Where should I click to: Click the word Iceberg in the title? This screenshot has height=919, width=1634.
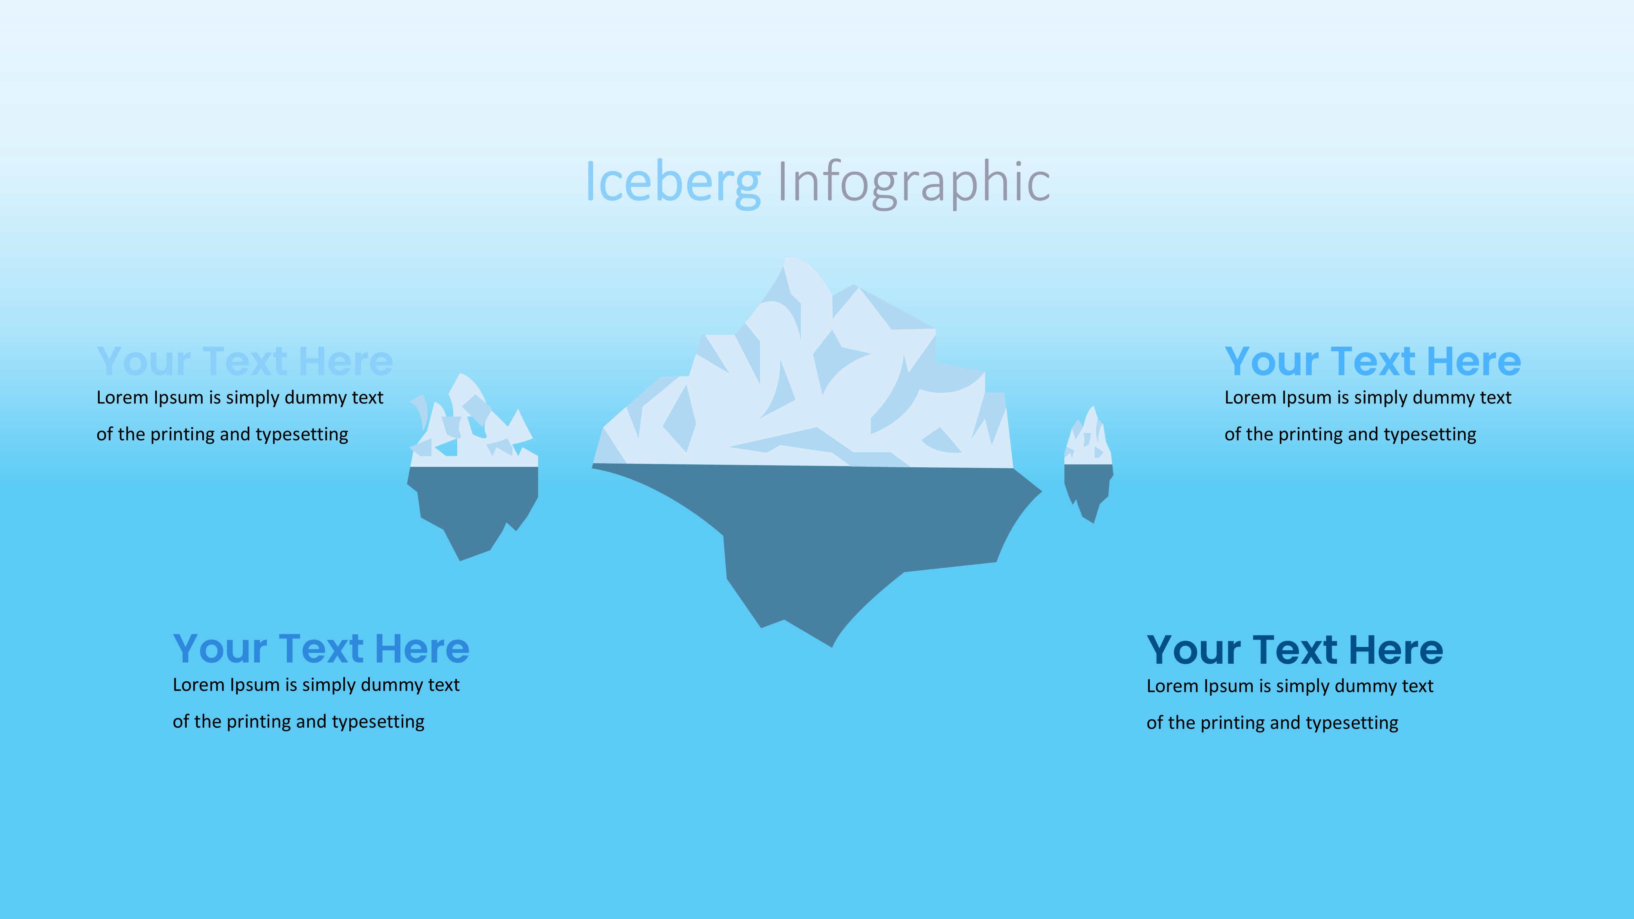[x=673, y=183]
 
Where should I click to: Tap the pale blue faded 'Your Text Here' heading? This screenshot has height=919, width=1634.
[x=245, y=361]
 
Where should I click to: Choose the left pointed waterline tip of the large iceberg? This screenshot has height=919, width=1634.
[x=592, y=466]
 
